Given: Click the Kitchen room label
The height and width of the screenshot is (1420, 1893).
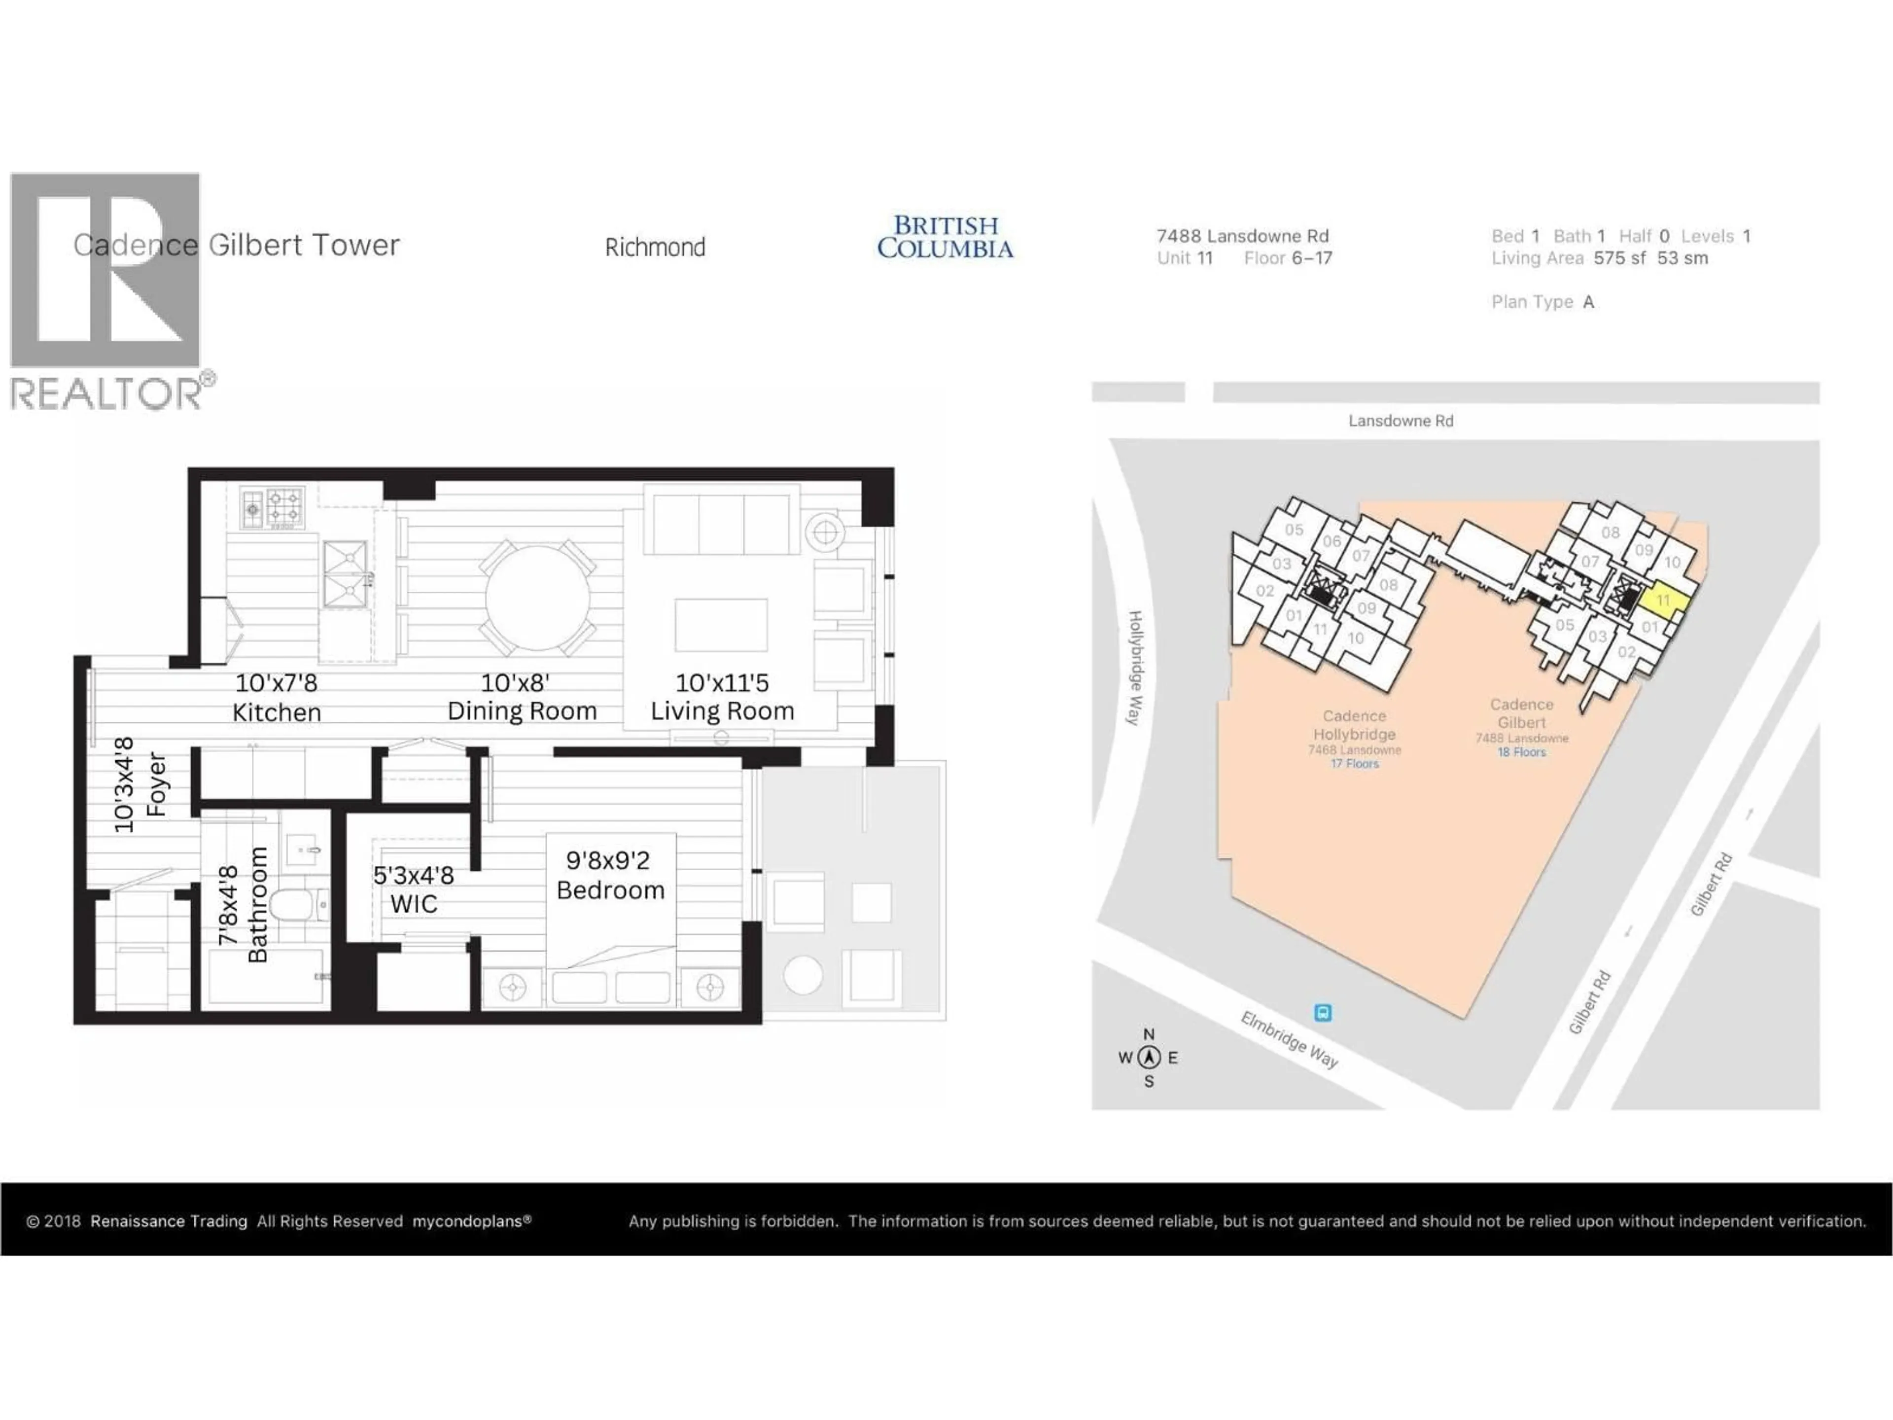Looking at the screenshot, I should click(277, 712).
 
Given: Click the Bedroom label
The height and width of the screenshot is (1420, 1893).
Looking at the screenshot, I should click(610, 890).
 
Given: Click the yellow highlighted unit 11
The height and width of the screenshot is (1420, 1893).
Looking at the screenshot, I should click(1663, 600).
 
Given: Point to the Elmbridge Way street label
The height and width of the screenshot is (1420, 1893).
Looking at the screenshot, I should click(1289, 1039).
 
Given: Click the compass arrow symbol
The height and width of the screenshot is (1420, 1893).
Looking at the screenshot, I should click(1149, 1057).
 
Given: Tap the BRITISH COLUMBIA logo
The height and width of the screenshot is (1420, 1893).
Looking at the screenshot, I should click(945, 237).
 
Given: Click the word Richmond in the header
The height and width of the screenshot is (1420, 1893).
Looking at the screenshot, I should click(655, 248).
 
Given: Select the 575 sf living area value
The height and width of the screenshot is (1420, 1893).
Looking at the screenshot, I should click(1619, 258).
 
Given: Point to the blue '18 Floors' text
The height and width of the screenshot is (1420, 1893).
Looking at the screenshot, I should click(1522, 752).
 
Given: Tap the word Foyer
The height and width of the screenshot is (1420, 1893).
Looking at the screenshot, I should click(156, 784).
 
